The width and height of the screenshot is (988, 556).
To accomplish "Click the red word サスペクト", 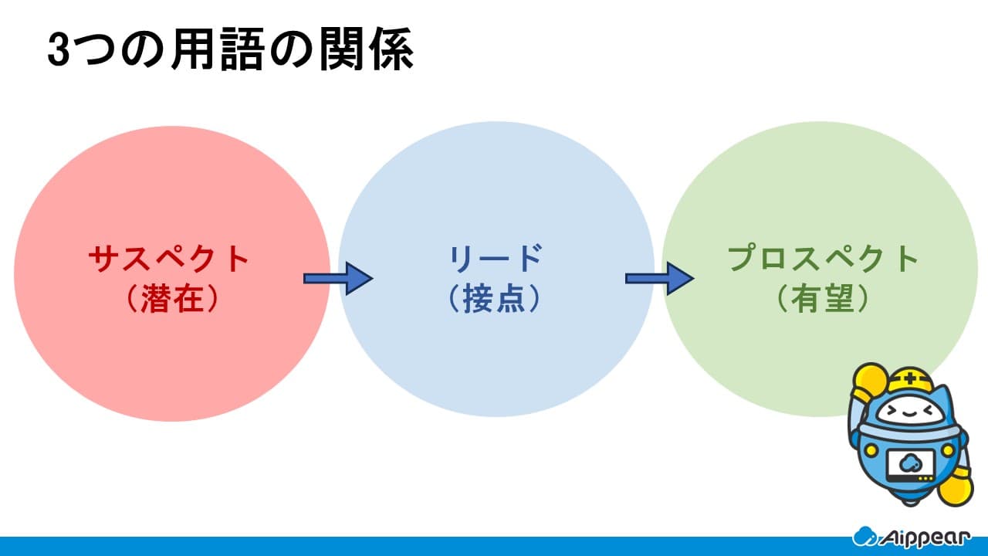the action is (169, 259).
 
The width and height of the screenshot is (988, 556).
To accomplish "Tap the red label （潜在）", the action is (172, 298).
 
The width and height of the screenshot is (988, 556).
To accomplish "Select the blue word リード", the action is (496, 259).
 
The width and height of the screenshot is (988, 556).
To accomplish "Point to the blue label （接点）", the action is (495, 298).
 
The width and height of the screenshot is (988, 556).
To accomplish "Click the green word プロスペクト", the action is (823, 259).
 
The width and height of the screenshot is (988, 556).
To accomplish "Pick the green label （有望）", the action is (823, 298).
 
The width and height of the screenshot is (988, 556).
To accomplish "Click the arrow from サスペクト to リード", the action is (338, 279).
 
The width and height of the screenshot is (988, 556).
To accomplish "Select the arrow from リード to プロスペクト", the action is (660, 279).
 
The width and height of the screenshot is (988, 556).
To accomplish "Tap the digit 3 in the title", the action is (59, 50).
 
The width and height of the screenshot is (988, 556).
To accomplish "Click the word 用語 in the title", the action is (218, 49).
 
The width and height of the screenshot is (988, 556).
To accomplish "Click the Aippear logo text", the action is (926, 538).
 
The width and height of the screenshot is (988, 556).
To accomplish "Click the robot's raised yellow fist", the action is (870, 381).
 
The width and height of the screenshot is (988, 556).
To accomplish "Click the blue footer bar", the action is (494, 546).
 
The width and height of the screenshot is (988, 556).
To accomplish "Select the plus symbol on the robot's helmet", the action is (910, 378).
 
